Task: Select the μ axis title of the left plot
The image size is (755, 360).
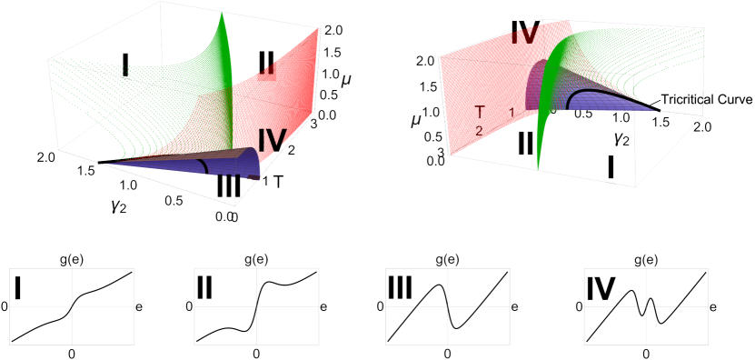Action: (x=345, y=80)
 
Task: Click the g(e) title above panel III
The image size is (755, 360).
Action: (x=448, y=259)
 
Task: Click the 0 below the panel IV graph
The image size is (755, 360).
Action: (x=646, y=352)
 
